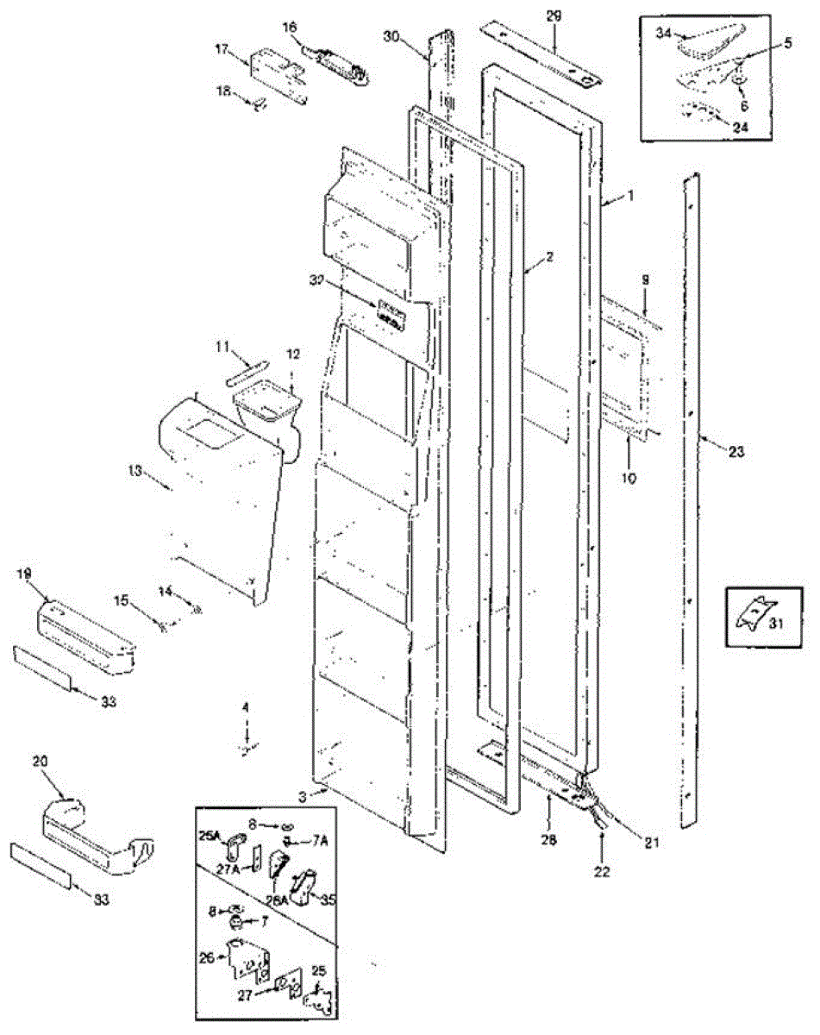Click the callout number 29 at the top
[x=552, y=16]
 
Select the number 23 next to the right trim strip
[x=735, y=450]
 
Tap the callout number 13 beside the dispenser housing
[x=135, y=472]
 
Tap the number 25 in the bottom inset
[x=319, y=971]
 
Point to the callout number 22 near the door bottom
[x=601, y=872]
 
